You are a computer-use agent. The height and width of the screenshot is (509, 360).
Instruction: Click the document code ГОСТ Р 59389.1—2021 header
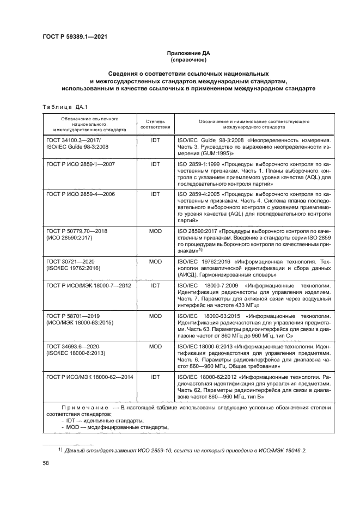pyautogui.click(x=74, y=36)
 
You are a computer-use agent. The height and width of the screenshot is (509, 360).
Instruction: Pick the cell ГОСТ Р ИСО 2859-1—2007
pyautogui.click(x=81, y=163)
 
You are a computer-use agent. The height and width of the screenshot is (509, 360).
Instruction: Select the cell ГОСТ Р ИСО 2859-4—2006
pyautogui.click(x=81, y=194)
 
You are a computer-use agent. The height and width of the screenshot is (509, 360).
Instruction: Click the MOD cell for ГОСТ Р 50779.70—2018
pyautogui.click(x=155, y=231)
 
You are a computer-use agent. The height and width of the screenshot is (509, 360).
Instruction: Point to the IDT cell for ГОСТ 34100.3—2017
pyautogui.click(x=155, y=140)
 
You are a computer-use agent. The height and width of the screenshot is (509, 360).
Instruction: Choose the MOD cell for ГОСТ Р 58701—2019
pyautogui.click(x=155, y=315)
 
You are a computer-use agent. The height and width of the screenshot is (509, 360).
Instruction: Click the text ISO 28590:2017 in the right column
pyautogui.click(x=196, y=231)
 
